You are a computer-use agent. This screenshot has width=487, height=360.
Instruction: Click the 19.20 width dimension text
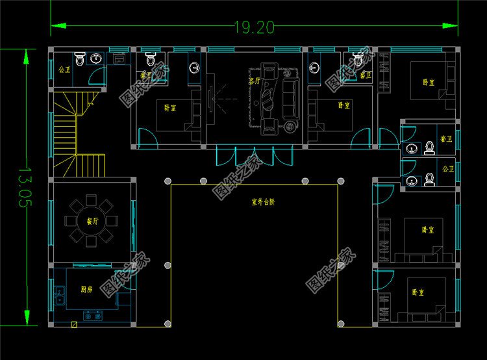(x=255, y=27)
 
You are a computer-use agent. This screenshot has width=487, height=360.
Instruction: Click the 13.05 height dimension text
(x=25, y=186)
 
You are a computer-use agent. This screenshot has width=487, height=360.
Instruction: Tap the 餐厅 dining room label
(x=92, y=221)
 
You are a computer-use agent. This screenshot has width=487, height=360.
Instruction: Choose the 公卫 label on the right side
(x=447, y=168)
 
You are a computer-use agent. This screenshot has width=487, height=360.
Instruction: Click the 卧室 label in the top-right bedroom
(x=428, y=83)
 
